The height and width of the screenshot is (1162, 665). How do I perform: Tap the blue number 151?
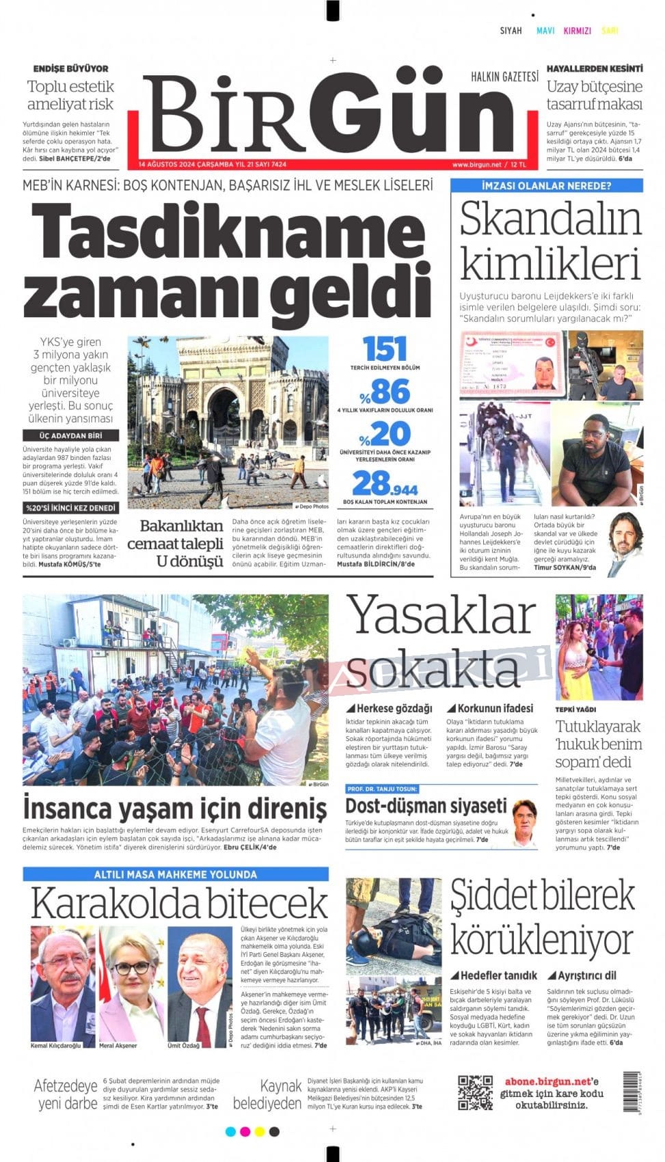[x=385, y=349]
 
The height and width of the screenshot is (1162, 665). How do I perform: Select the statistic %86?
[x=385, y=392]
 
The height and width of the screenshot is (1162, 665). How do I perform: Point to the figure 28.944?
[x=385, y=484]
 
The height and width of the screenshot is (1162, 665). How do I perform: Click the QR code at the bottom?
[x=475, y=1092]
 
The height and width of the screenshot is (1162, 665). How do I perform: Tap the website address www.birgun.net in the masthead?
[x=476, y=165]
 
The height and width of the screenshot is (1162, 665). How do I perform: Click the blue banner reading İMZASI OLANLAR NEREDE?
[x=546, y=185]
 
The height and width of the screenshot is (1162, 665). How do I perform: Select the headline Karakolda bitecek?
[x=179, y=902]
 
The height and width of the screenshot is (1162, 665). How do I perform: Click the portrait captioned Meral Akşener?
[x=132, y=984]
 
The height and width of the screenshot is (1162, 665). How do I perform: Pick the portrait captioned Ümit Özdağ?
[x=200, y=984]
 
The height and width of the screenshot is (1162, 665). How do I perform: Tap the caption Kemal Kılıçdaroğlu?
[x=55, y=1046]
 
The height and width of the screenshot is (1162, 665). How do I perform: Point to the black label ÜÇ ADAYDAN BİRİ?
[x=71, y=435]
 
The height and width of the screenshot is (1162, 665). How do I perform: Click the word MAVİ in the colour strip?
[x=545, y=31]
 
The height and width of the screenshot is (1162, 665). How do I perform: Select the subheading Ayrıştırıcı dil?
[x=586, y=975]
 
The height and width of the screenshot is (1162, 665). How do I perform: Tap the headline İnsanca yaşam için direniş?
[x=175, y=808]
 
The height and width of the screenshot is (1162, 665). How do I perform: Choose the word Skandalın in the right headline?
[x=550, y=219]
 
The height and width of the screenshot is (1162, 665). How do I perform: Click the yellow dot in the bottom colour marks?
[x=259, y=1132]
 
